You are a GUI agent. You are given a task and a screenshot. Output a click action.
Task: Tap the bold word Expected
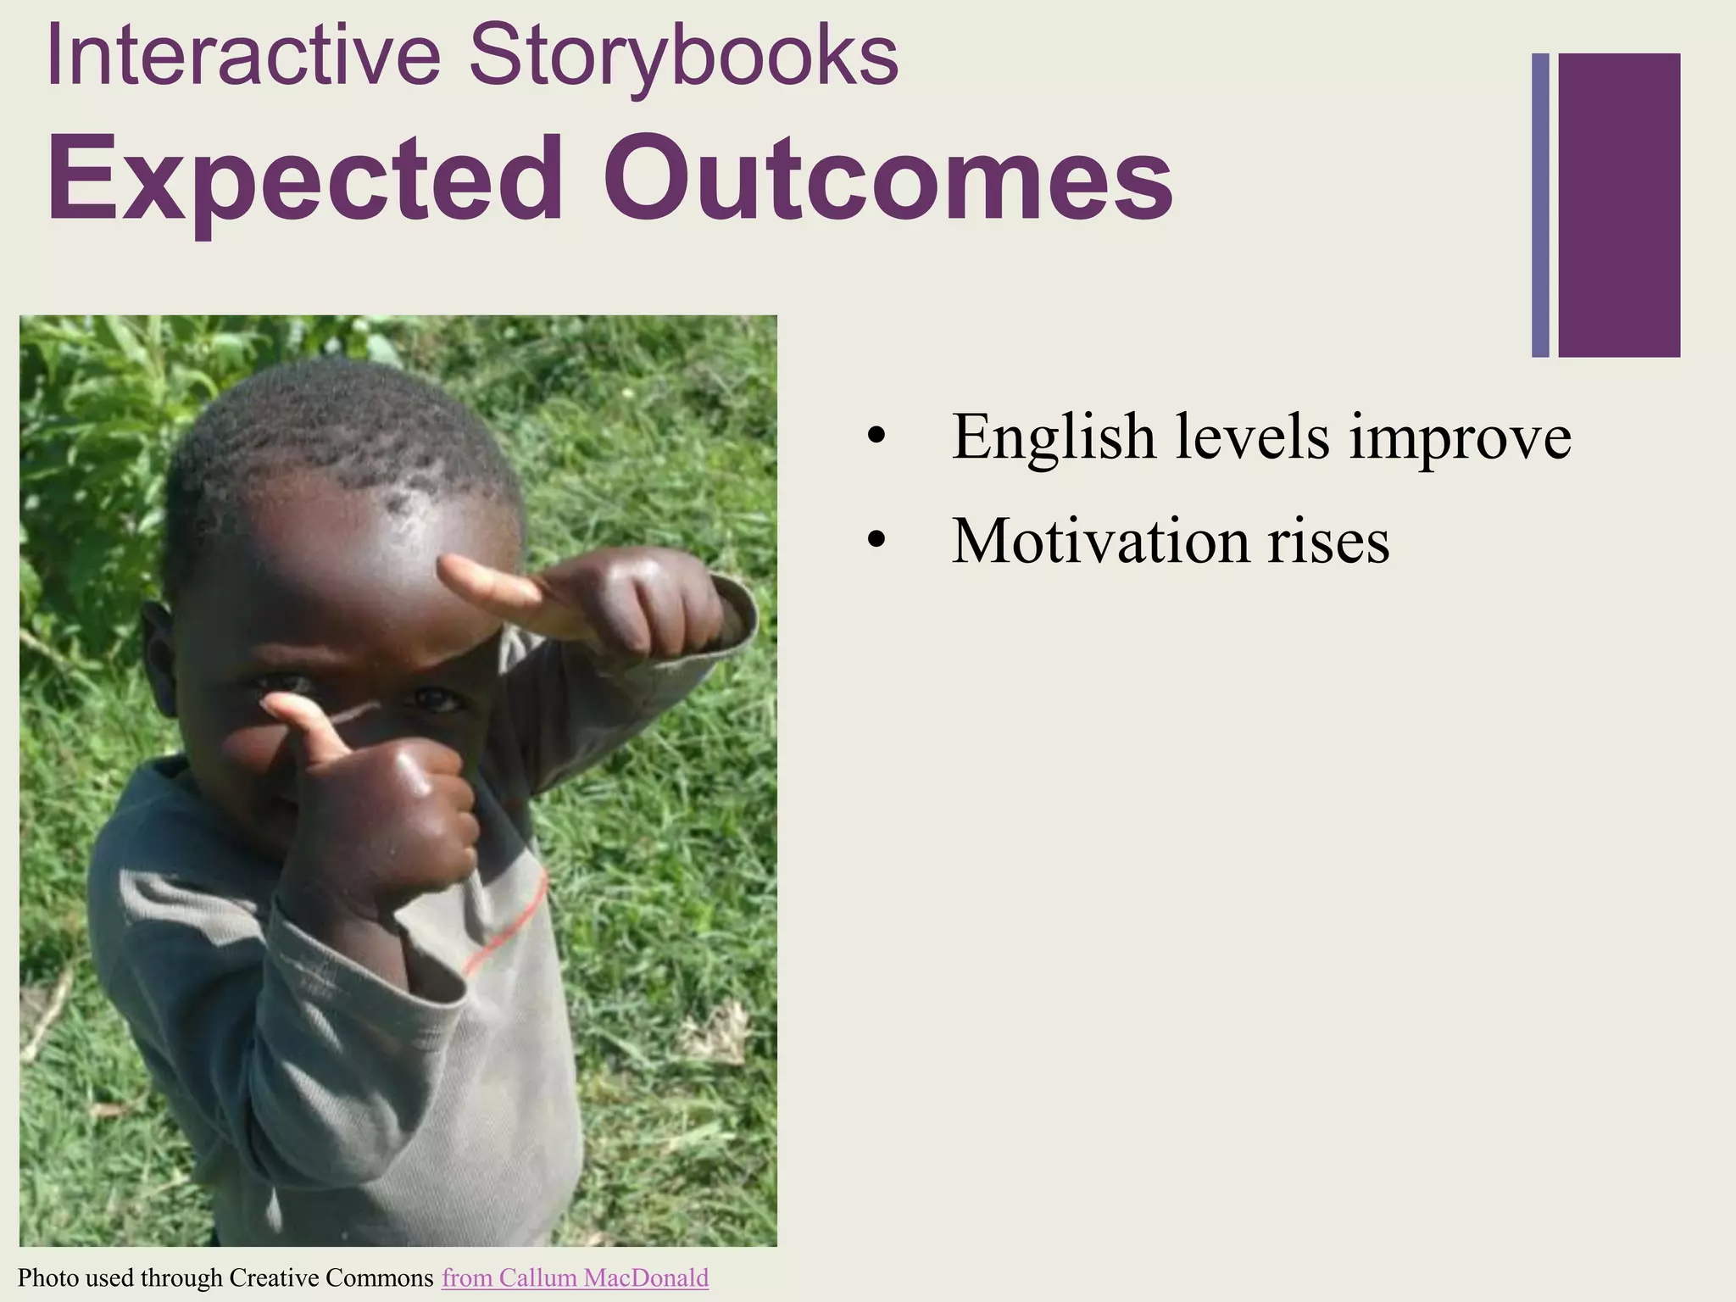pos(305,181)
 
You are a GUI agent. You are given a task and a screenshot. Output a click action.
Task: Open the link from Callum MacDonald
pos(575,1277)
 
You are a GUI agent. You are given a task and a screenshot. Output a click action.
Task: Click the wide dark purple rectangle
pos(1619,205)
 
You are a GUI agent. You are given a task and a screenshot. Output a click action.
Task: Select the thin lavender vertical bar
pos(1540,205)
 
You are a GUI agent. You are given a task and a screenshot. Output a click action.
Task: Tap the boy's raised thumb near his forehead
pos(483,581)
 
